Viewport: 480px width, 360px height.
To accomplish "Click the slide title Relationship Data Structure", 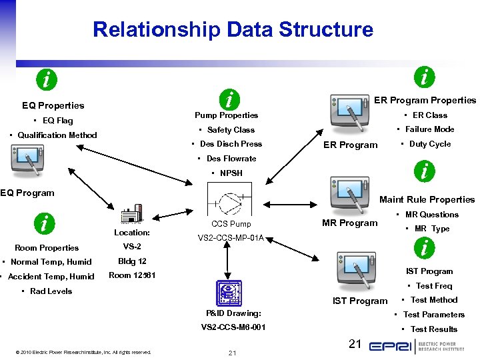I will (x=233, y=29).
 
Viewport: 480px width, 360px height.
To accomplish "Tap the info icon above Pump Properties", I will (x=229, y=101).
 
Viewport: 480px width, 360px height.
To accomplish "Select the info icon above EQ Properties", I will (x=45, y=79).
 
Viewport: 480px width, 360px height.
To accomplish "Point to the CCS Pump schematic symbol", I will (x=231, y=200).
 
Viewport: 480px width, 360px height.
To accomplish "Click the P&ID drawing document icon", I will (x=228, y=292).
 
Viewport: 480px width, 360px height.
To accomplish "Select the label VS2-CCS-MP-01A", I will (x=231, y=237).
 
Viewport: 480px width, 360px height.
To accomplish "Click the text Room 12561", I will (x=132, y=275).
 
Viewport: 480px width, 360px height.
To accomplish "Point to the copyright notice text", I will (x=83, y=352).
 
